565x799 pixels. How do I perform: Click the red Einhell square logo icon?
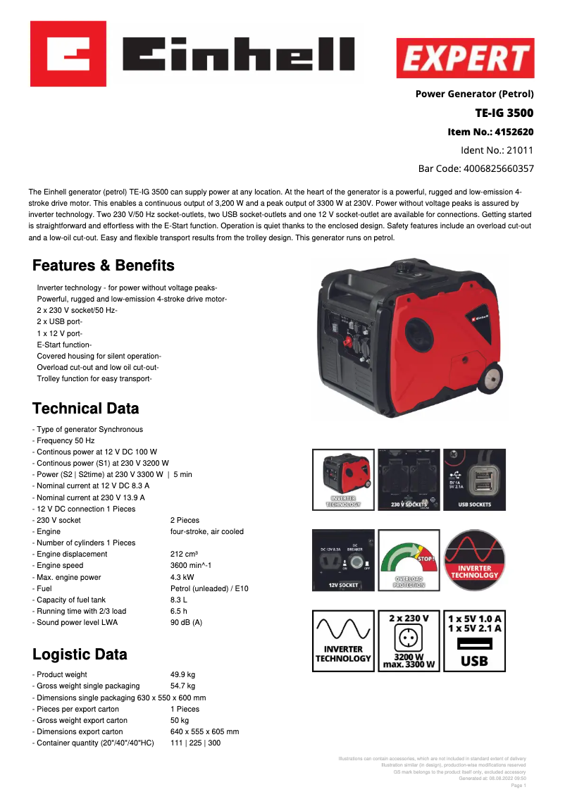tap(68, 54)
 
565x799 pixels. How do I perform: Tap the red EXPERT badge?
tap(465, 58)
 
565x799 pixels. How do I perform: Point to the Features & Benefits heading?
tap(104, 266)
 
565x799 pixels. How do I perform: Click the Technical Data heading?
tap(86, 409)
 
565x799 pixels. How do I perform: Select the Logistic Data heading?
tap(80, 655)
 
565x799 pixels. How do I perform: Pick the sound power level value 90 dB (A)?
tap(186, 622)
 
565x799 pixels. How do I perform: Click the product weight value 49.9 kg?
tap(182, 675)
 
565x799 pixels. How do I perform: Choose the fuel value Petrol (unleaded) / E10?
tap(209, 588)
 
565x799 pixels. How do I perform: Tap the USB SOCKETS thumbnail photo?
tap(474, 479)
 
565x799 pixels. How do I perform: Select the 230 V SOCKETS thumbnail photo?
tap(409, 479)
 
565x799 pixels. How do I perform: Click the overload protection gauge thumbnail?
tap(409, 560)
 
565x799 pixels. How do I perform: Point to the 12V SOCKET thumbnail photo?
tap(344, 560)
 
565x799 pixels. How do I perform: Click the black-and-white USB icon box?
tap(474, 640)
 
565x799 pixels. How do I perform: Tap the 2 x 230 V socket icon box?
tap(409, 640)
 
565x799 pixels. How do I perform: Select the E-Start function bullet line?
tap(64, 345)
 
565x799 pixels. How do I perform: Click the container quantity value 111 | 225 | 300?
tap(195, 743)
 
